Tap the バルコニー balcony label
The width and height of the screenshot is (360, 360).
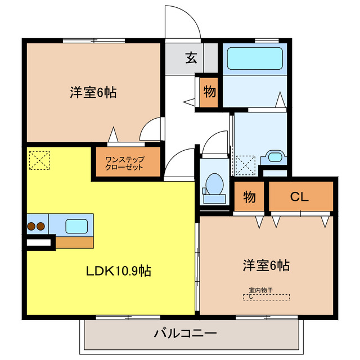click(185, 334)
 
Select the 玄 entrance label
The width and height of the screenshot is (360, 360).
click(191, 58)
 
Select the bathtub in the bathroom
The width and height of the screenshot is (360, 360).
click(254, 58)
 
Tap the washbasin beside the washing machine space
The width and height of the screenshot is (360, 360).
click(275, 156)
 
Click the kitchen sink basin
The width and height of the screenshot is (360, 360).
click(77, 226)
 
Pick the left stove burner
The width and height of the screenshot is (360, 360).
click(31, 227)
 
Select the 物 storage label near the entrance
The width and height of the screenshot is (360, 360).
click(208, 91)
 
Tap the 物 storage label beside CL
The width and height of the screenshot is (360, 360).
click(250, 197)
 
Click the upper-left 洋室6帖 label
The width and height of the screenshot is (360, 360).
click(93, 93)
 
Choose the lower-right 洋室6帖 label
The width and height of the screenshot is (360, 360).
click(266, 264)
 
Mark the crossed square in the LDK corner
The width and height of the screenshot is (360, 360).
click(39, 160)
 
